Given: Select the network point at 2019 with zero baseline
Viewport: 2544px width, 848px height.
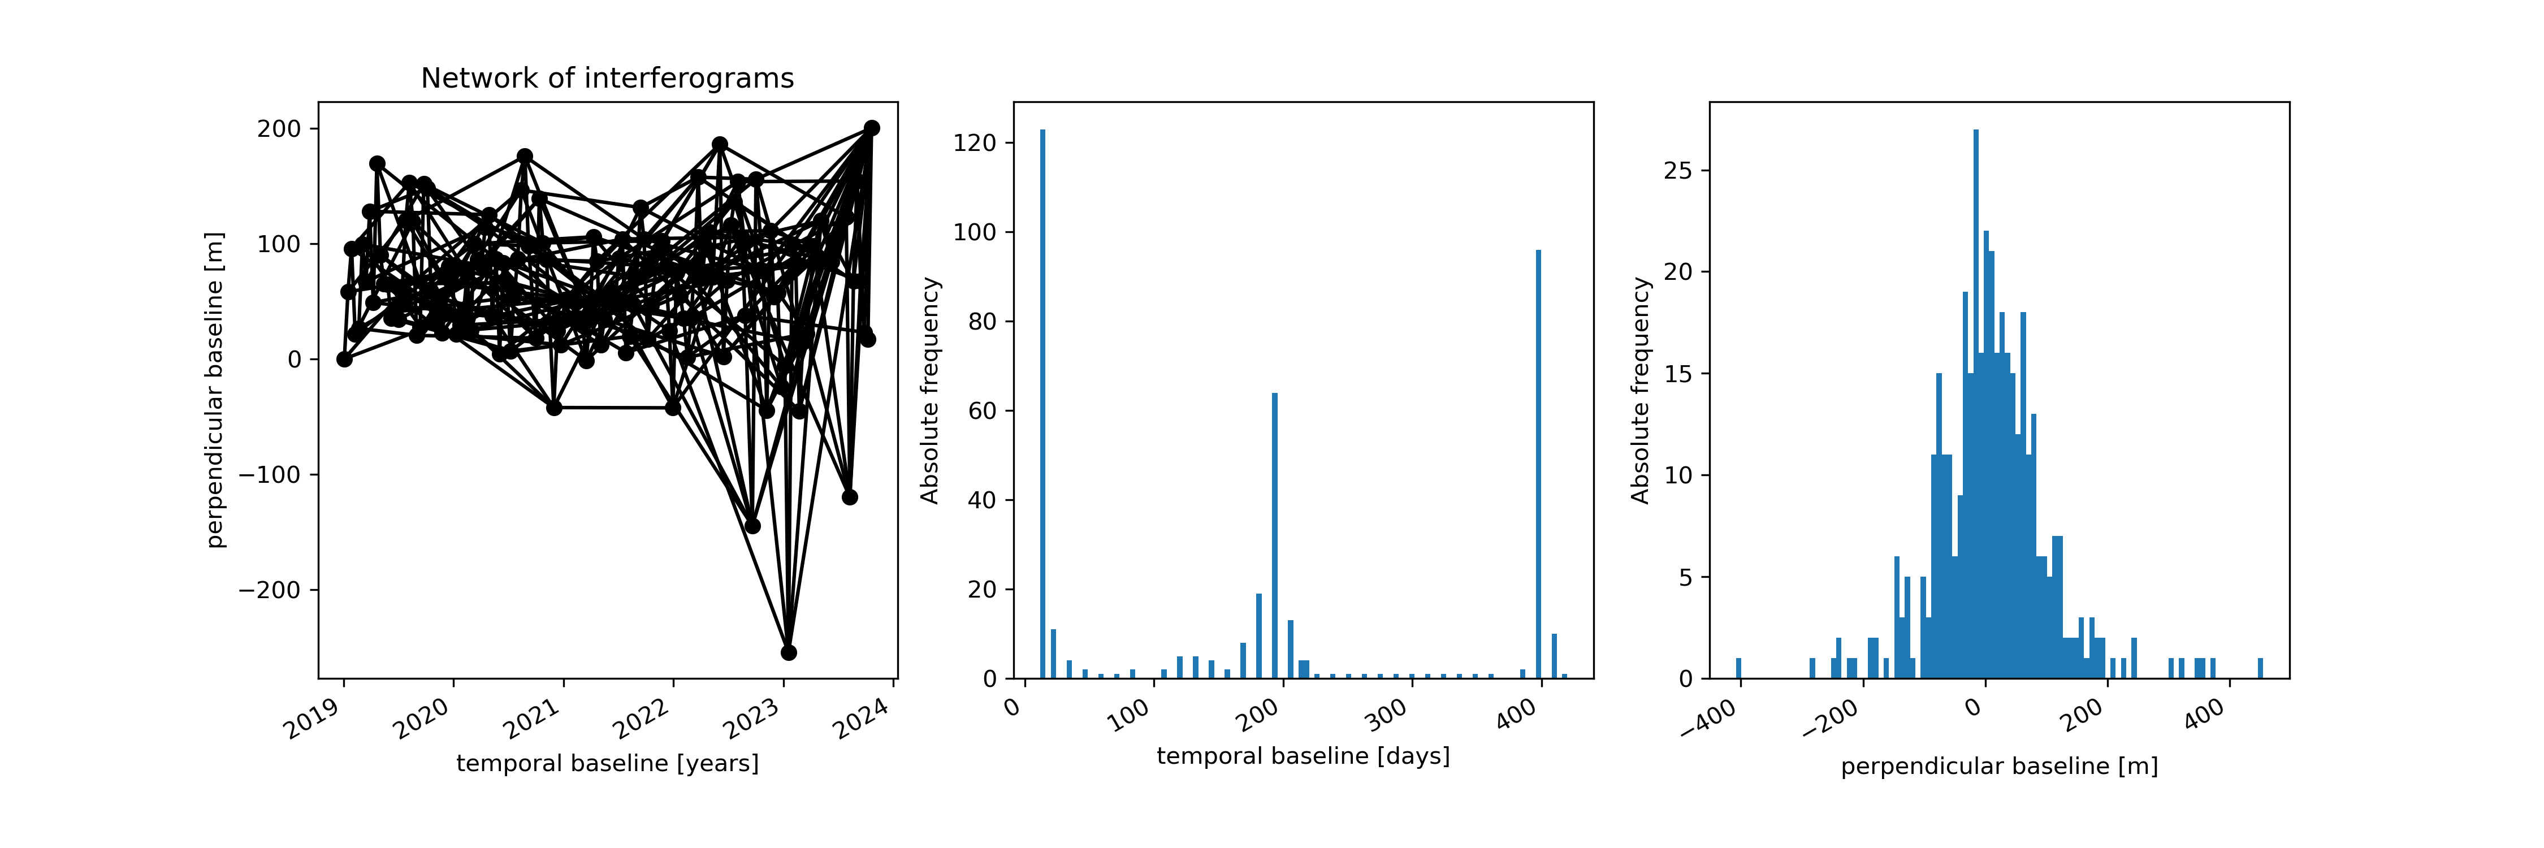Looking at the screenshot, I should [x=344, y=360].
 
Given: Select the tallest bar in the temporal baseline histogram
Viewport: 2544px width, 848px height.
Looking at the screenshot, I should [x=1042, y=405].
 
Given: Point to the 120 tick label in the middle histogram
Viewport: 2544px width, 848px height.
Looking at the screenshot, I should [x=975, y=143].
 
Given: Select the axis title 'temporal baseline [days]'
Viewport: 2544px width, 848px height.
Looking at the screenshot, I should [x=1303, y=756].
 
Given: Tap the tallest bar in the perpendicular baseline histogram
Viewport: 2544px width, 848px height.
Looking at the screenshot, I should [x=1975, y=405].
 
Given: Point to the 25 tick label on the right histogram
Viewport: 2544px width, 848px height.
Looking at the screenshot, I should [x=1678, y=171].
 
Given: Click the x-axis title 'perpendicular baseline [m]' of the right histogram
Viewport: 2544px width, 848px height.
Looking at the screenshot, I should [x=1999, y=766].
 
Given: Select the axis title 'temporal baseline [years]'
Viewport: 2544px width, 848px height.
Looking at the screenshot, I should [x=607, y=763].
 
